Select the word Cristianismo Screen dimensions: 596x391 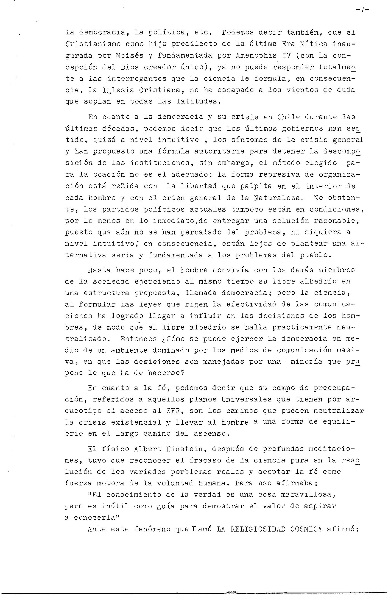[x=93, y=44]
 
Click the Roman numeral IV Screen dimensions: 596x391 [x=286, y=56]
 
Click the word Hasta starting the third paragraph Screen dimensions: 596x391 [x=99, y=270]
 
